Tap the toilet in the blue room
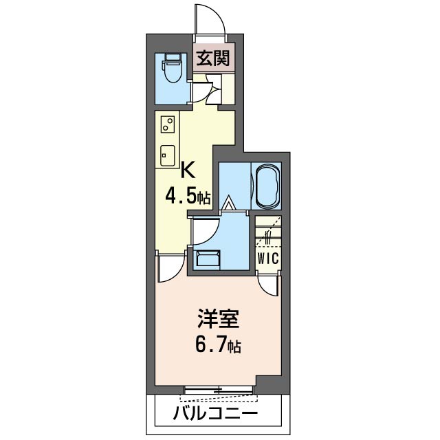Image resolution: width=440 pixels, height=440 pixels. tap(170, 68)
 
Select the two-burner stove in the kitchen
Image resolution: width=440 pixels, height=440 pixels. tap(167, 124)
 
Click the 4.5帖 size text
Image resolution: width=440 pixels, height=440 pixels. tap(187, 198)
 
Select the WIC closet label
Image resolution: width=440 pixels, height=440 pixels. tap(267, 258)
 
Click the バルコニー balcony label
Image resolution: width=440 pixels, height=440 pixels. tap(215, 414)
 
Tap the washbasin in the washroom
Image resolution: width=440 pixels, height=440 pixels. tap(207, 260)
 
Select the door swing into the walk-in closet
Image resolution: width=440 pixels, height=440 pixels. tap(267, 280)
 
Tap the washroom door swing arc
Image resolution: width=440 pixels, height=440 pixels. tap(205, 231)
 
